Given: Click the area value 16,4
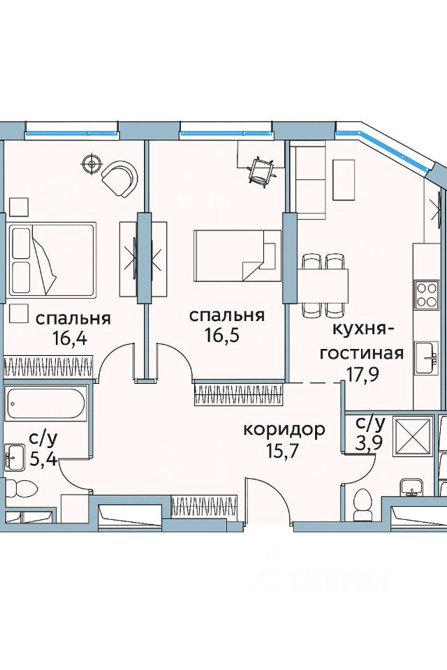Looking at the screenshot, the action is [x=70, y=338].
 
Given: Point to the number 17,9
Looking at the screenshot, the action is [x=362, y=374].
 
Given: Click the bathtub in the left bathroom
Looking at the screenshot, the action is [x=46, y=403].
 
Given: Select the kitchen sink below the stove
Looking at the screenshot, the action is [x=427, y=352].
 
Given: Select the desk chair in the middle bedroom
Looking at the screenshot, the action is [x=261, y=172].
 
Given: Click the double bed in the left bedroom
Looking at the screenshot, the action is [x=52, y=260].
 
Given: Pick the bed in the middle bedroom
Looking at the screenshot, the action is [x=237, y=255].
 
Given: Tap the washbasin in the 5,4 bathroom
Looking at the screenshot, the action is [x=15, y=456].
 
